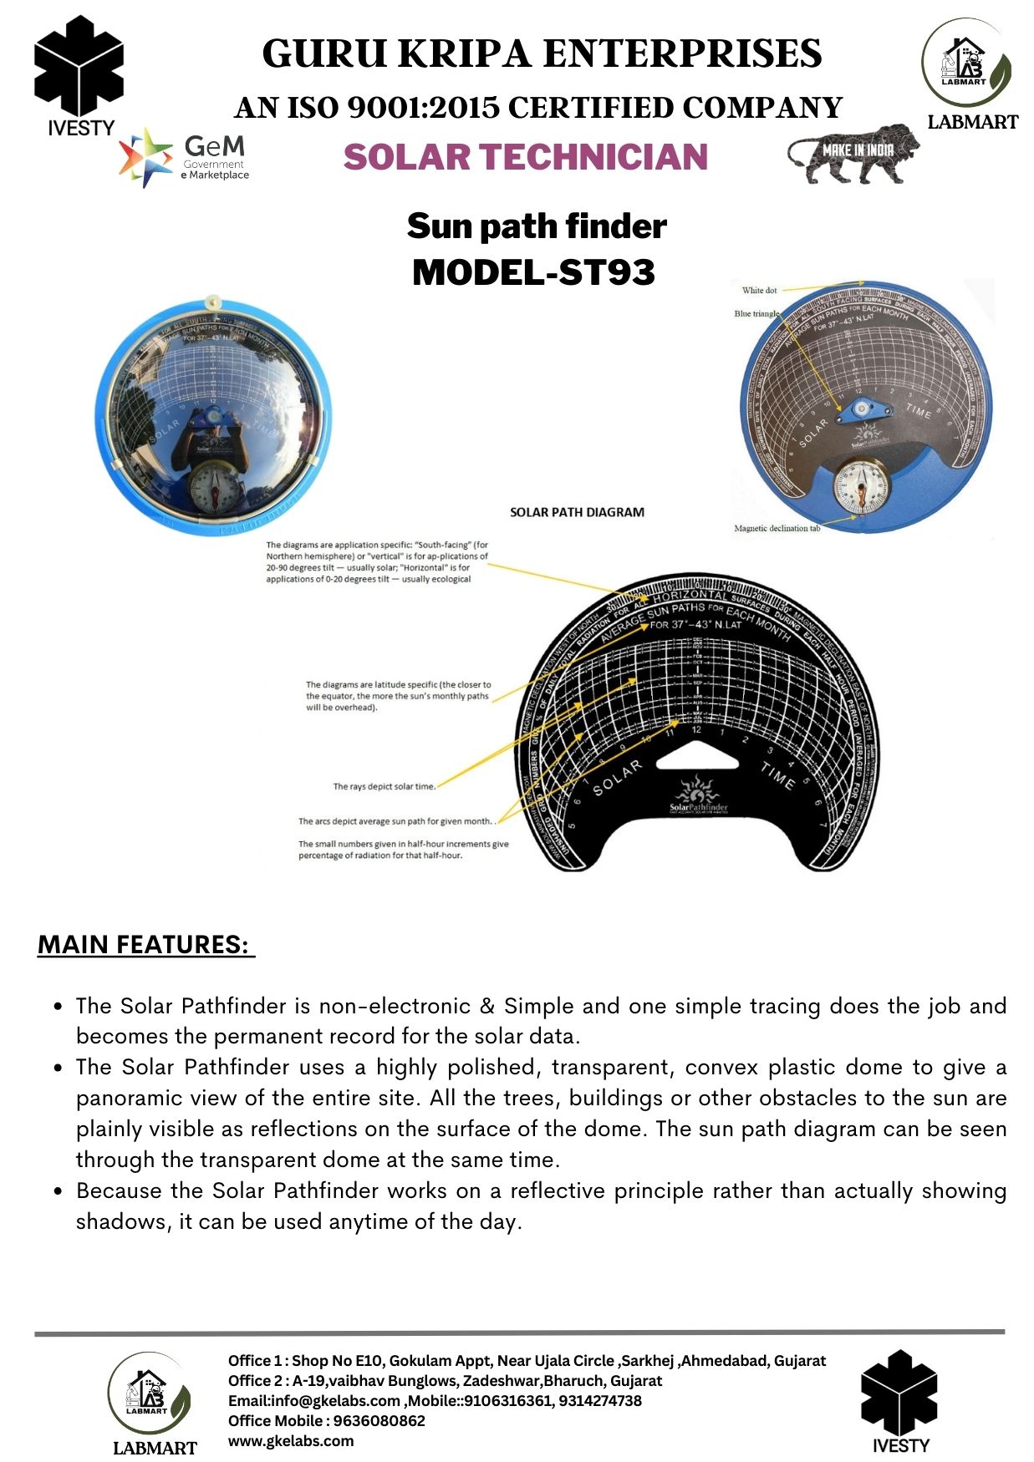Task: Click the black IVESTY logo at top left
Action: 79,75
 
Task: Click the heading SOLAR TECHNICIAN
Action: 525,157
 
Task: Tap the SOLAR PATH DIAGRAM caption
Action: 577,512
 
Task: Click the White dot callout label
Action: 759,291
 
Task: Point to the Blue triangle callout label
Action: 756,314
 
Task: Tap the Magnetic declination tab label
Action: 777,528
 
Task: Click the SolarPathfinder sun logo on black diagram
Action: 698,794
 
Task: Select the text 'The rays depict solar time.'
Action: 384,786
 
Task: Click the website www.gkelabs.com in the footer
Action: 291,1440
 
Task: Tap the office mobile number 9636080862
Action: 379,1420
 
